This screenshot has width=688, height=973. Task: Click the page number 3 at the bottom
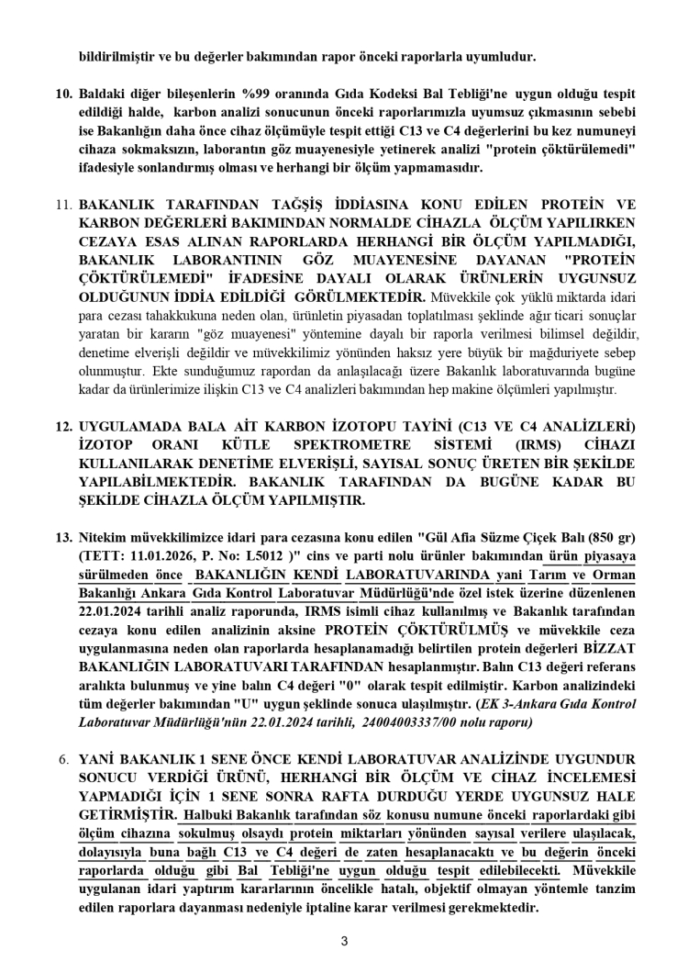tap(344, 939)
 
